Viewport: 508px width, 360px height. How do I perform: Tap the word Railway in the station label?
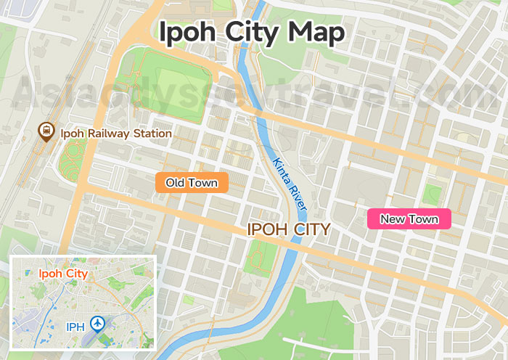pos(107,134)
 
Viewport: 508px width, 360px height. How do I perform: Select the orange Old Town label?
pos(192,183)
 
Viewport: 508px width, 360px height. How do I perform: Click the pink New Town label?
pos(409,219)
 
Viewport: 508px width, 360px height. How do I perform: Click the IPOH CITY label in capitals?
pos(289,229)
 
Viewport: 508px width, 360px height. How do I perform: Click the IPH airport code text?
pos(75,327)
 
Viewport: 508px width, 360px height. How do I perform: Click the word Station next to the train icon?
pos(152,134)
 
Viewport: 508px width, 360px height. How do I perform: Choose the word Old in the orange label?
pos(175,183)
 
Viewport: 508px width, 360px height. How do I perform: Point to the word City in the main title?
pos(250,32)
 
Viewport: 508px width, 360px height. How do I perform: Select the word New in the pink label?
pos(393,219)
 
